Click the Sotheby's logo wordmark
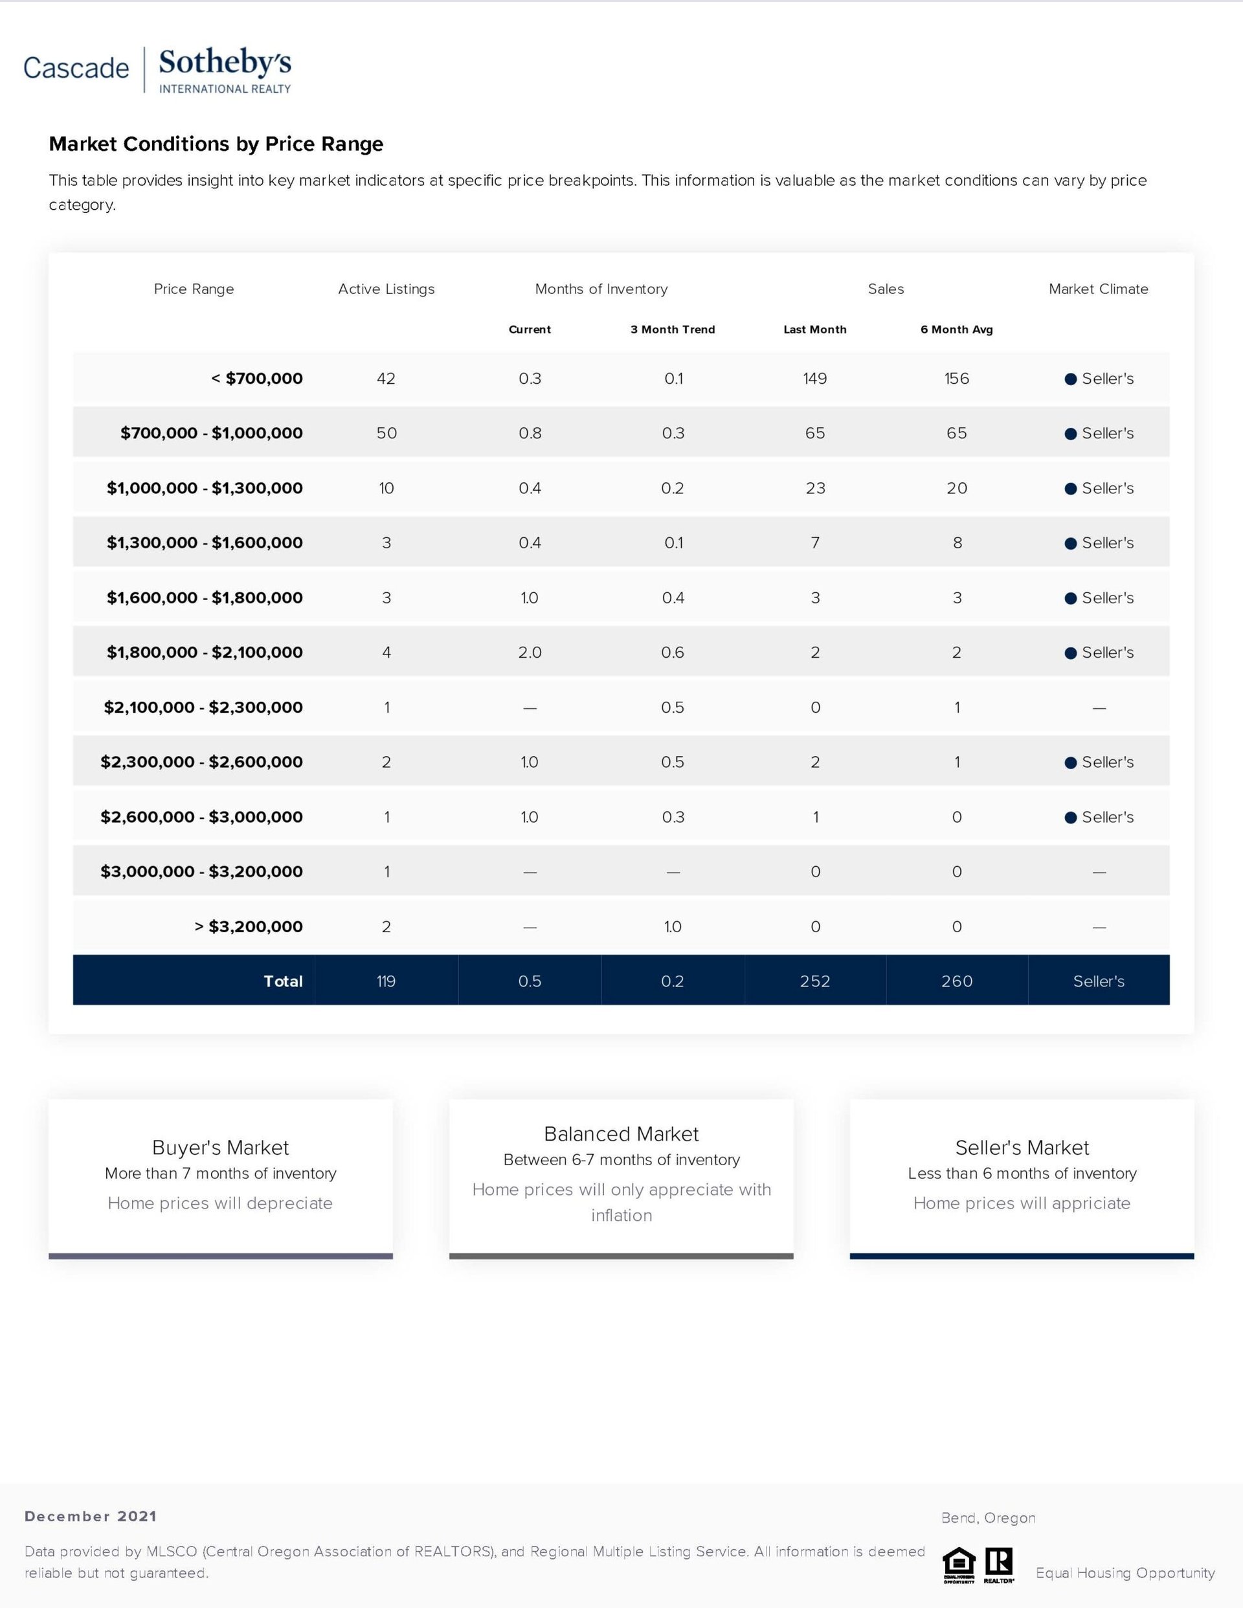[225, 64]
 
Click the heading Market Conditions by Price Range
[216, 144]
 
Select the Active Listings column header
[386, 289]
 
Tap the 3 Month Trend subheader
[672, 329]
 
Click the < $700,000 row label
[256, 379]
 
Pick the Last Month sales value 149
[814, 379]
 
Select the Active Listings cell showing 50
[386, 433]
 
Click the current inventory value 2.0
[530, 653]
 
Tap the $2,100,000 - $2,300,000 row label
[203, 708]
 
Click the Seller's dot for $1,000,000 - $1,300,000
[1071, 489]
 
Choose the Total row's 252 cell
[814, 981]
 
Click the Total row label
[283, 981]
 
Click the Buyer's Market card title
[220, 1147]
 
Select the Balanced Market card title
[621, 1134]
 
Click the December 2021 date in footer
[91, 1516]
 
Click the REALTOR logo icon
[998, 1563]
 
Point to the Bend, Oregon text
[987, 1517]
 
